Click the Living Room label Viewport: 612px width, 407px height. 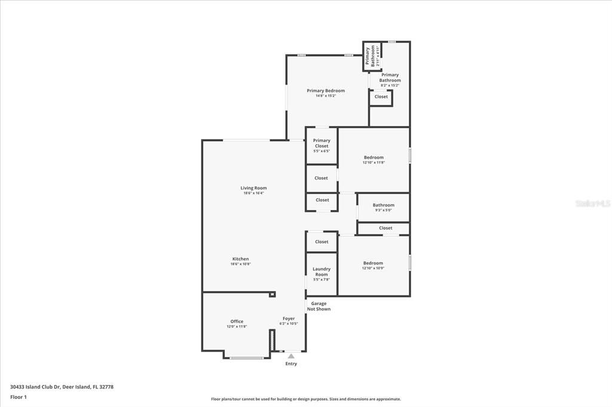(253, 188)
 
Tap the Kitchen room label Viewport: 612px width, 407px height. (240, 259)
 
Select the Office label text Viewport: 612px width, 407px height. (237, 322)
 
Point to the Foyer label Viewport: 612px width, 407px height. (288, 319)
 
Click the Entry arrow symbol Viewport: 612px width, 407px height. (291, 356)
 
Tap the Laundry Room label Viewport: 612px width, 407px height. (322, 272)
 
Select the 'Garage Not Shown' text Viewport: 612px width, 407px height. (319, 306)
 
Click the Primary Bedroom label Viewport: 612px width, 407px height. (326, 91)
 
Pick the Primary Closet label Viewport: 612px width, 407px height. (322, 143)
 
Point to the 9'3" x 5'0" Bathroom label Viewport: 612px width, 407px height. (384, 205)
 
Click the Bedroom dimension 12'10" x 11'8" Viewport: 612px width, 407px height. (374, 163)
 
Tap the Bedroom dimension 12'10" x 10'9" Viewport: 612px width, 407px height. (373, 269)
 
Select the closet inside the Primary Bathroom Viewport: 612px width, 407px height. (381, 97)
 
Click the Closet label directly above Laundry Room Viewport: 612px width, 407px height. (322, 242)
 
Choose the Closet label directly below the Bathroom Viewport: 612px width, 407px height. (385, 228)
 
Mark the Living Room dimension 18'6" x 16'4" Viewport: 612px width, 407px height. (253, 193)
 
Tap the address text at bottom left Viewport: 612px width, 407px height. (62, 387)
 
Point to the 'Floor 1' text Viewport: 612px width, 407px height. (19, 397)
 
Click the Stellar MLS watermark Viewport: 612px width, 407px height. (593, 203)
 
